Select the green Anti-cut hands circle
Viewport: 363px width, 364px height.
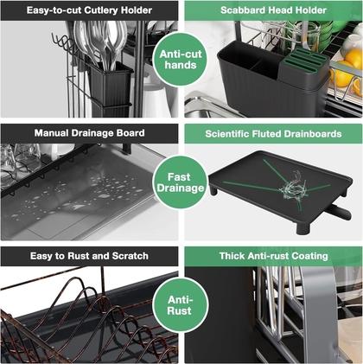pos(181,60)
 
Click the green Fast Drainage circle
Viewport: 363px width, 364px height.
pos(181,182)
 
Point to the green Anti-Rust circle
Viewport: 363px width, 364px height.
pos(181,305)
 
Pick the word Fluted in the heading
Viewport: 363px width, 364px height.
pos(266,134)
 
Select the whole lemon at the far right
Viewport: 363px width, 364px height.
pos(353,59)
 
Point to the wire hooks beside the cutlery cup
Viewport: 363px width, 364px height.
pos(64,44)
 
